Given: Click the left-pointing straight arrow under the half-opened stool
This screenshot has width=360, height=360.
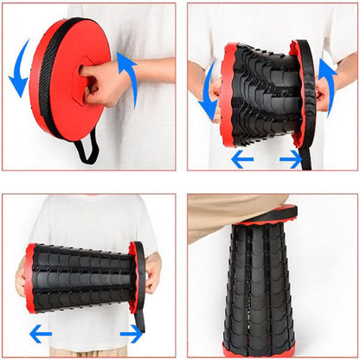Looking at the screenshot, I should point(242,159).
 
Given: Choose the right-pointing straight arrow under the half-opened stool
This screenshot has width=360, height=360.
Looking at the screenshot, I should point(291,159).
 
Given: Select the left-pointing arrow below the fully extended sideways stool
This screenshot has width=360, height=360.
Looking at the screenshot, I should point(40,333).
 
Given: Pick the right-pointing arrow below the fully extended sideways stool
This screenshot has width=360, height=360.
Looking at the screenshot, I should point(132,333).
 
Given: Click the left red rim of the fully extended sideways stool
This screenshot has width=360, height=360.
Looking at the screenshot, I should point(30,278).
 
